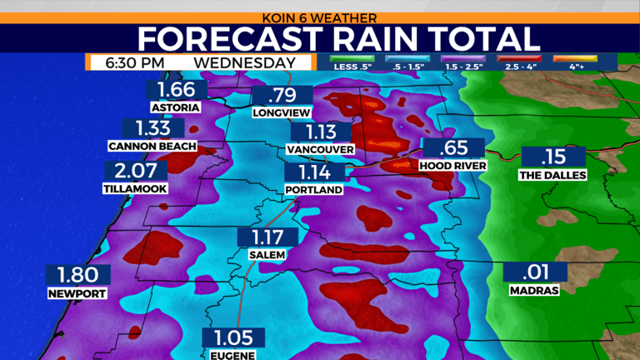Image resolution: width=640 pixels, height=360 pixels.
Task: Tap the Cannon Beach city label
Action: (x=152, y=146)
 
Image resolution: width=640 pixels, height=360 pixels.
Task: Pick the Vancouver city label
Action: (x=320, y=149)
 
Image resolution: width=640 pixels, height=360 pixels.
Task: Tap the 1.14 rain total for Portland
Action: (x=313, y=173)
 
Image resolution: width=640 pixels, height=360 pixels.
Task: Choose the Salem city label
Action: (x=267, y=254)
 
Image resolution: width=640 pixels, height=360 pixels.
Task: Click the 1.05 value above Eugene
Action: (x=234, y=337)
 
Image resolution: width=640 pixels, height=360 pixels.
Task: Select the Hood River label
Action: (x=452, y=166)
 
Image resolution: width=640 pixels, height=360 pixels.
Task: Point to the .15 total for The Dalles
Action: (x=553, y=157)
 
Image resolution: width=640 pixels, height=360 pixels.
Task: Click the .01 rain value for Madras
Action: (x=535, y=272)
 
